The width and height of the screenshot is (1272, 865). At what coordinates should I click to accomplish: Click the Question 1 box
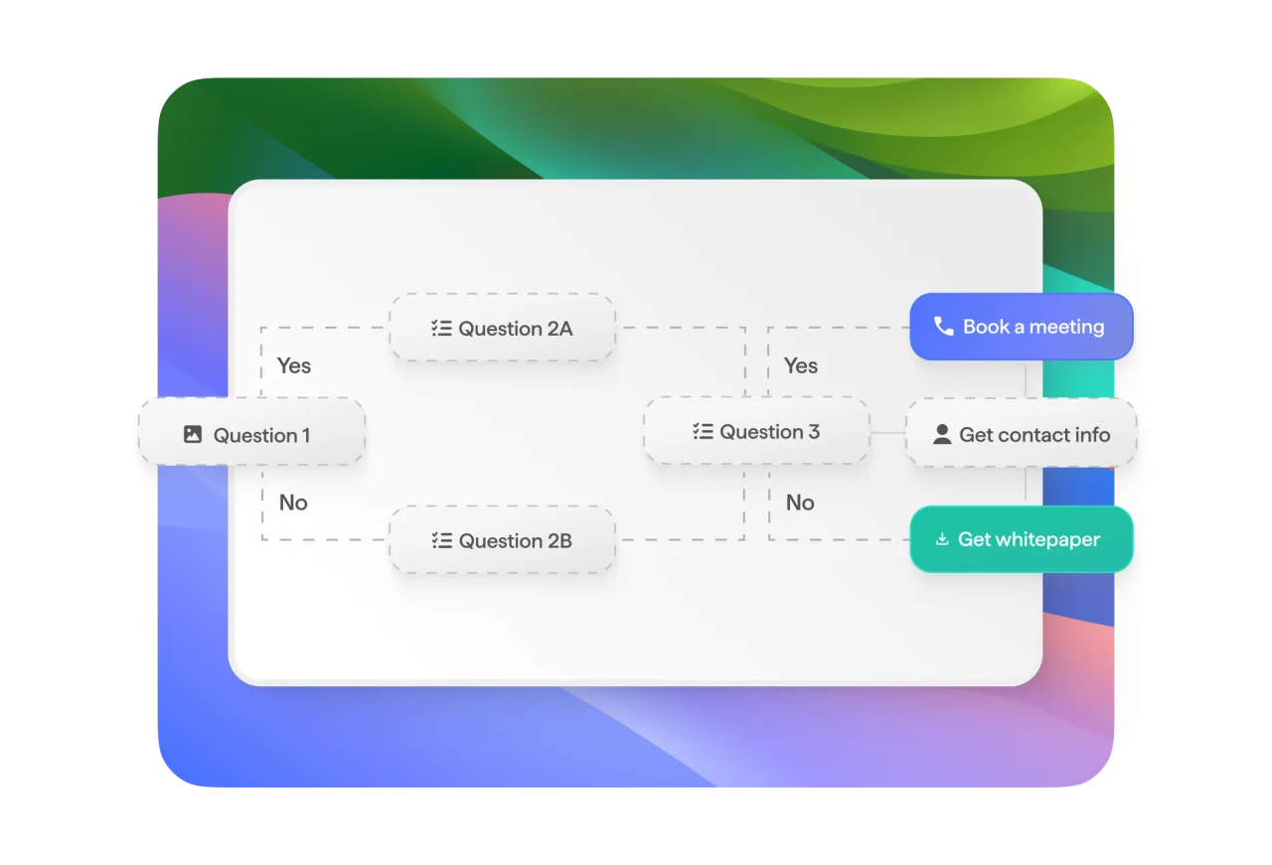[x=251, y=431]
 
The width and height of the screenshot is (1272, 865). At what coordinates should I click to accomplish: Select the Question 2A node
[x=503, y=328]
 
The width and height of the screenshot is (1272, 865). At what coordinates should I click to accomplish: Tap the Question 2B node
[x=503, y=540]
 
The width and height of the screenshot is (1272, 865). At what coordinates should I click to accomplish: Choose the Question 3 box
[x=756, y=431]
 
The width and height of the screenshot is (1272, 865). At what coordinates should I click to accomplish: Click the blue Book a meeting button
[x=1021, y=327]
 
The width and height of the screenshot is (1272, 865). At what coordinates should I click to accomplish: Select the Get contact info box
[x=1021, y=433]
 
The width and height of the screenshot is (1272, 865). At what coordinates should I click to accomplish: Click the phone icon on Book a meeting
[x=944, y=327]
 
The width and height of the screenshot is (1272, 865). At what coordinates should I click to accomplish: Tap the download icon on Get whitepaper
[x=942, y=539]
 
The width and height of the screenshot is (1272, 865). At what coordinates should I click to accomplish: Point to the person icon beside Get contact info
[x=942, y=435]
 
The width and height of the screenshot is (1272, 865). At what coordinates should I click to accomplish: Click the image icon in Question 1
[x=193, y=434]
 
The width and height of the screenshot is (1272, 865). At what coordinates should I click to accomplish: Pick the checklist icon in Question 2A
[x=441, y=328]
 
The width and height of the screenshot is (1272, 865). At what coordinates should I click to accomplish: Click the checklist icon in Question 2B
[x=442, y=540]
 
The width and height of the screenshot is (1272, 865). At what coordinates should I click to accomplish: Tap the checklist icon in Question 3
[x=703, y=431]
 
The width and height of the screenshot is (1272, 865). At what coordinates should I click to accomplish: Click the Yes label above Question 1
[x=293, y=365]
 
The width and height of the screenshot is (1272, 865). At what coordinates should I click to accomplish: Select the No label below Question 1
[x=293, y=503]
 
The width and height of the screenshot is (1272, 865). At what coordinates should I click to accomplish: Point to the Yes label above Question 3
[x=801, y=365]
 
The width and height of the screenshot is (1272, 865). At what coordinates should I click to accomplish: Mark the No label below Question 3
[x=800, y=503]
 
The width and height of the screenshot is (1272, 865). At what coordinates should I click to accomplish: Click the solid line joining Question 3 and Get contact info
[x=887, y=433]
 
